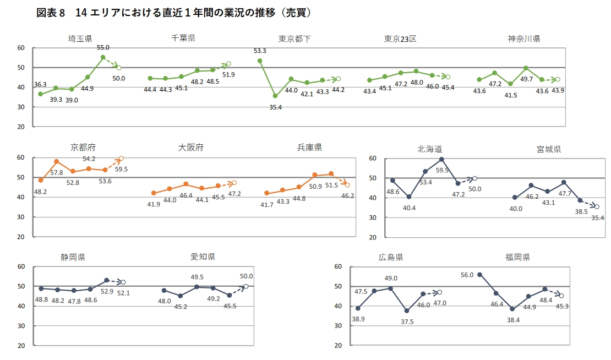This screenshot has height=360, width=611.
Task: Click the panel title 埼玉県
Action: coord(80,39)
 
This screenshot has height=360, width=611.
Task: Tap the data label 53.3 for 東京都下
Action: coord(260,51)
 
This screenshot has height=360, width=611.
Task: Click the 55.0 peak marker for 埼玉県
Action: coord(103,57)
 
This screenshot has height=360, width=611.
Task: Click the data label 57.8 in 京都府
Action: coord(57,173)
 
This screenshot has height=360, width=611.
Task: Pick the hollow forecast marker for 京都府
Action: coord(121,159)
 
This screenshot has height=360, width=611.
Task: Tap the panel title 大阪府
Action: coord(191,148)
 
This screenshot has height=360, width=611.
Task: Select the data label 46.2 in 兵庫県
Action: coord(347,195)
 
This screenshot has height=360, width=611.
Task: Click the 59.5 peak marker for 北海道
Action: coord(441,160)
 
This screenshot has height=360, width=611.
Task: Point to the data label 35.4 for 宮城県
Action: coord(597,218)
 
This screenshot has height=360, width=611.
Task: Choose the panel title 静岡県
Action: coord(73,257)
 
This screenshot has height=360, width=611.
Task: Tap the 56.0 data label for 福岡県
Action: coord(467,275)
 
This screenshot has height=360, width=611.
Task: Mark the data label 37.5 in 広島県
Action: coord(407,321)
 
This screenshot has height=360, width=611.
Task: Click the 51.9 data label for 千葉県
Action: coord(228,74)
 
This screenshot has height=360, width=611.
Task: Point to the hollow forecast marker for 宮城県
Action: coord(596,206)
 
